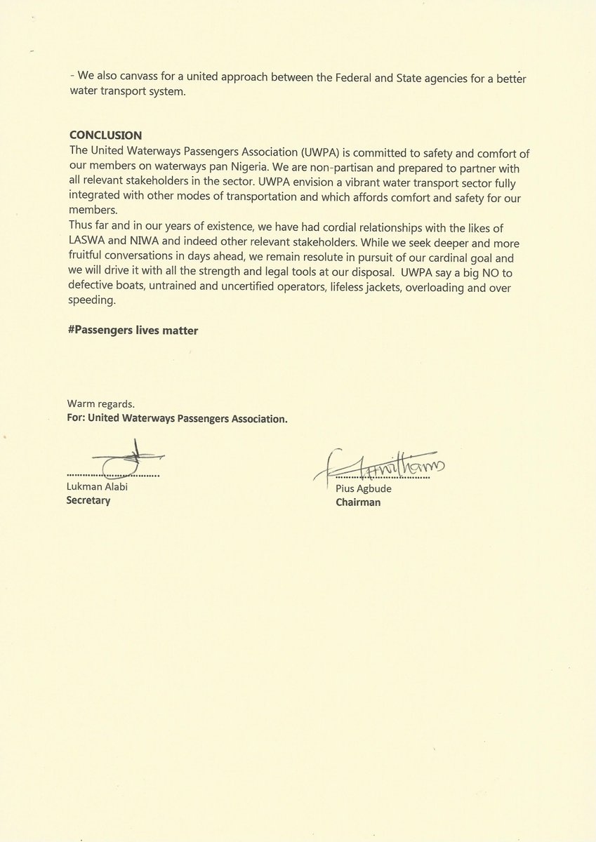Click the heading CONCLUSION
(x=105, y=135)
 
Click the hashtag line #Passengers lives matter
(x=133, y=330)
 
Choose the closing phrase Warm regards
(x=96, y=404)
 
